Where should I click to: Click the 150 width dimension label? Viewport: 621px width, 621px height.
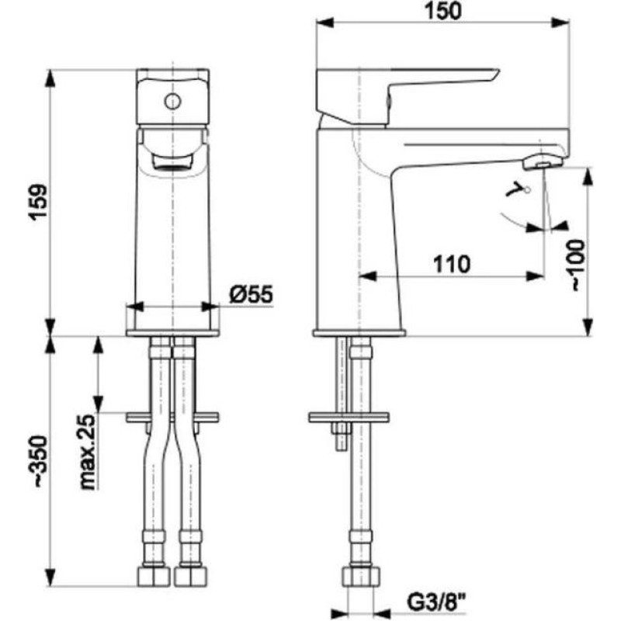click(443, 11)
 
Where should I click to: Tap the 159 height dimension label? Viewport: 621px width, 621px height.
click(40, 202)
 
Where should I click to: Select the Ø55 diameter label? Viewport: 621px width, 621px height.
click(252, 295)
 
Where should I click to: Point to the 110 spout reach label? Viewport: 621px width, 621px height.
click(452, 264)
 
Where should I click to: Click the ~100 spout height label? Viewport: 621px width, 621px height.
click(578, 265)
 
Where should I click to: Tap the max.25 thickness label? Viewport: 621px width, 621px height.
click(88, 453)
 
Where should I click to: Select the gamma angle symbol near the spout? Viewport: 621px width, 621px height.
click(515, 189)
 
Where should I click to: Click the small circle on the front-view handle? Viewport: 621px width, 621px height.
click(172, 102)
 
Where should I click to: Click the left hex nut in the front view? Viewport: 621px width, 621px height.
click(154, 577)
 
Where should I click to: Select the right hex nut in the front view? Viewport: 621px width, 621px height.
click(191, 577)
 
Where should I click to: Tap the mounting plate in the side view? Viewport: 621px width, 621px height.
click(349, 418)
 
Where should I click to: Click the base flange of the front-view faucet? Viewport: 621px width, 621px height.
click(172, 333)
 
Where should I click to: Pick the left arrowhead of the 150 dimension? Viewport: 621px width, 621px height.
click(325, 23)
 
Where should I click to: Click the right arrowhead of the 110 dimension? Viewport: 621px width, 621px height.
click(535, 276)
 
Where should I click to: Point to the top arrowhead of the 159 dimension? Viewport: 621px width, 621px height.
click(50, 78)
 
